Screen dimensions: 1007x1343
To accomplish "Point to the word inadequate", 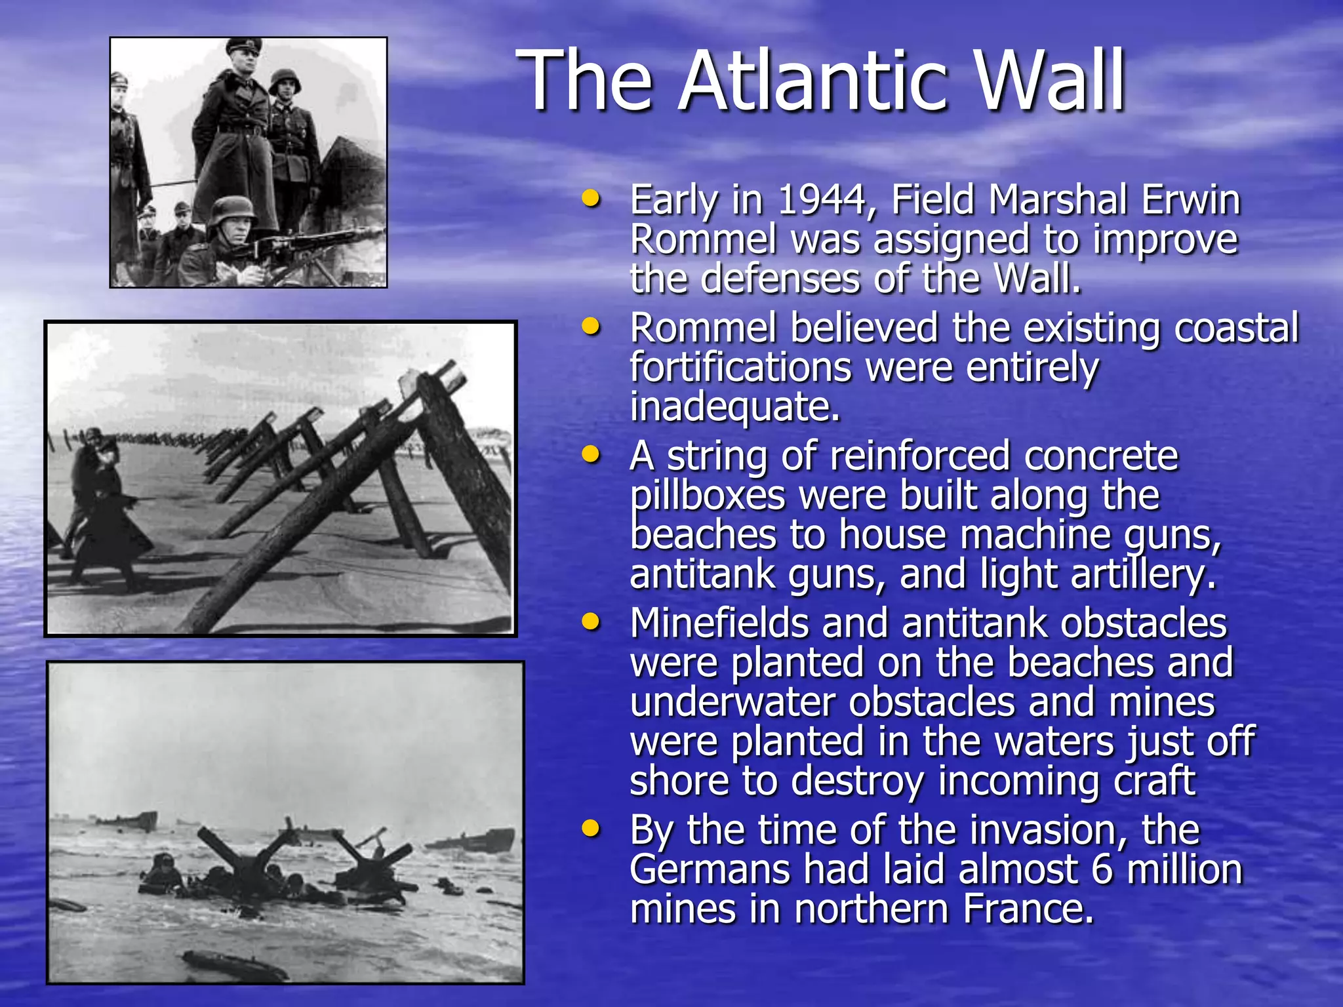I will [x=734, y=407].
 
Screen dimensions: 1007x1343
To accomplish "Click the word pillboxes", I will [x=708, y=496].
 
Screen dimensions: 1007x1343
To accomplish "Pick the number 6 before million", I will [x=1102, y=870].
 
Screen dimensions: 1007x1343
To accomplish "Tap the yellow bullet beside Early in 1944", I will [x=591, y=199].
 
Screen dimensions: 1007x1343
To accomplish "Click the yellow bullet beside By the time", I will [x=591, y=829].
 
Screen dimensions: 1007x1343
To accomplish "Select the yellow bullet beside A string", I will [x=591, y=454].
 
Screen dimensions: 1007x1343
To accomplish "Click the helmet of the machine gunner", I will [x=233, y=208].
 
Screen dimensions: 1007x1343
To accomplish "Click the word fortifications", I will [x=740, y=368].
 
